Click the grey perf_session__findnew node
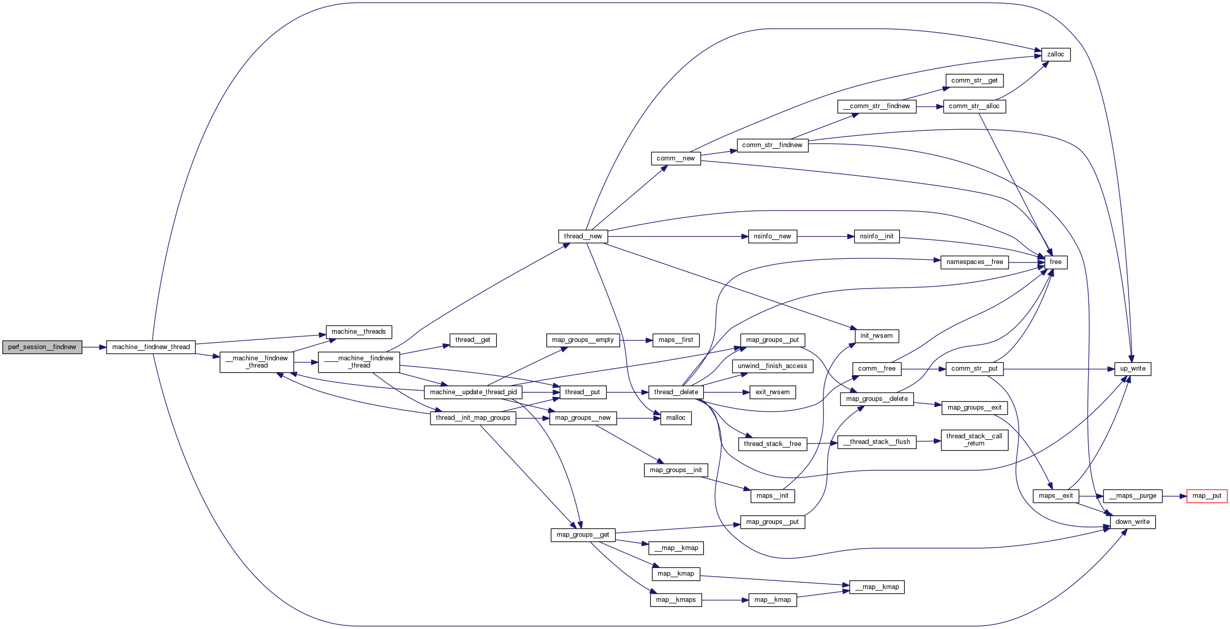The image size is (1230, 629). [42, 347]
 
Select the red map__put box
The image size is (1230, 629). [1206, 496]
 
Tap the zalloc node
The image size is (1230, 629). [1055, 54]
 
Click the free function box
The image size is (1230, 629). [1055, 262]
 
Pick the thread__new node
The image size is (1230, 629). [583, 236]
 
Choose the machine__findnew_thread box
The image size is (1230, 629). [151, 347]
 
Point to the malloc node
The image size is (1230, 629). [675, 418]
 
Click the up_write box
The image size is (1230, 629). [1133, 369]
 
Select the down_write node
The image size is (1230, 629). [1132, 522]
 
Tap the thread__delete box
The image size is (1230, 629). [676, 392]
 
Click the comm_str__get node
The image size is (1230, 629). [974, 80]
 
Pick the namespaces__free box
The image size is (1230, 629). [974, 262]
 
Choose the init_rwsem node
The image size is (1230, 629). [876, 336]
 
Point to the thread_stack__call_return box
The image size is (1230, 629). [974, 440]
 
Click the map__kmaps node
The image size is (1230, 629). [675, 600]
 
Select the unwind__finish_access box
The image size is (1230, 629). [772, 366]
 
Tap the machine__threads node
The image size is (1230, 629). [359, 332]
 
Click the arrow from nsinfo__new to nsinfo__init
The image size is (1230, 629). [825, 236]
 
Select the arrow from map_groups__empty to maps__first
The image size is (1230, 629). [636, 340]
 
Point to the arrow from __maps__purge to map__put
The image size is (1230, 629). [1174, 496]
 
